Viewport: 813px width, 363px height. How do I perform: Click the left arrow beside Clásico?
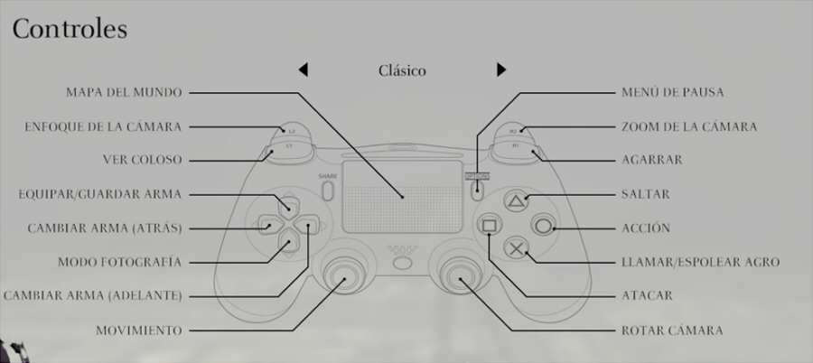304,70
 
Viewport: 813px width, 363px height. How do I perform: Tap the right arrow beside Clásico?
500,70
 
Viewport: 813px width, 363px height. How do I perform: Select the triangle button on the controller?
516,200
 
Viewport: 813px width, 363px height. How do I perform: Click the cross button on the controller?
516,248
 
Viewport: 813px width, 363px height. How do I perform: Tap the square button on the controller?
490,225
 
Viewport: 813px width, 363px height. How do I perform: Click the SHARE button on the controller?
327,191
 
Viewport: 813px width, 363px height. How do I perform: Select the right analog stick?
460,275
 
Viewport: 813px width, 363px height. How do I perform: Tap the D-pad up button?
288,203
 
